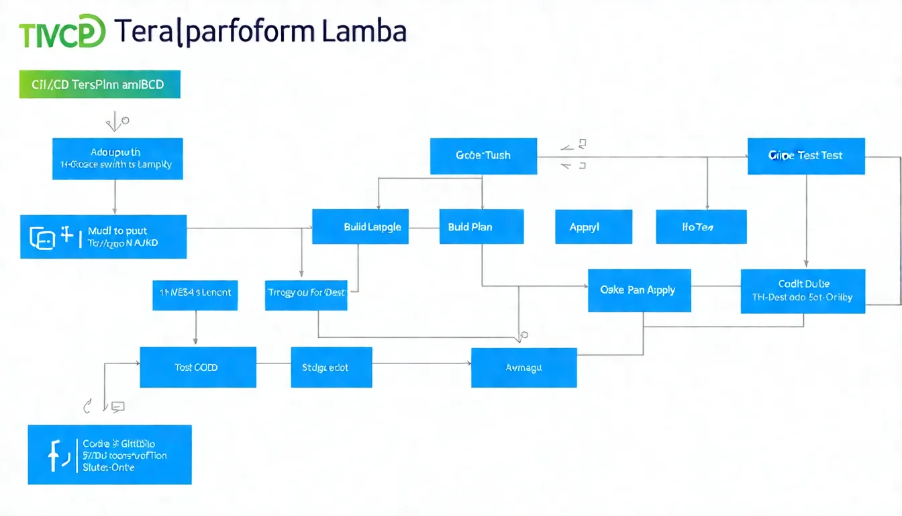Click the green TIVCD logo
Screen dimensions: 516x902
62,33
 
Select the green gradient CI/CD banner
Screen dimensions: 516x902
100,85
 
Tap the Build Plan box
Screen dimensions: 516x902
481,226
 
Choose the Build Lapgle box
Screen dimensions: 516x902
360,226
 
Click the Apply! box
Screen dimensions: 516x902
593,226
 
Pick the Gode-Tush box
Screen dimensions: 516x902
483,156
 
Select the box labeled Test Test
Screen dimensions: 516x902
806,156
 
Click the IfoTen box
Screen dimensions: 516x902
701,226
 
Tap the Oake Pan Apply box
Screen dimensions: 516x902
639,290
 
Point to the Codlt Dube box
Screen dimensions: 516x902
803,291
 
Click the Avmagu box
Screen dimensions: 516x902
523,368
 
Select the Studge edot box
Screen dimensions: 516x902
332,368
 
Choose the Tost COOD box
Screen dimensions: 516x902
197,368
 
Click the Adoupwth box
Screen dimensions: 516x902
117,159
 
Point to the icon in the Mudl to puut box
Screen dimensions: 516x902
43,237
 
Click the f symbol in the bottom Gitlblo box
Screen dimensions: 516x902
54,455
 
